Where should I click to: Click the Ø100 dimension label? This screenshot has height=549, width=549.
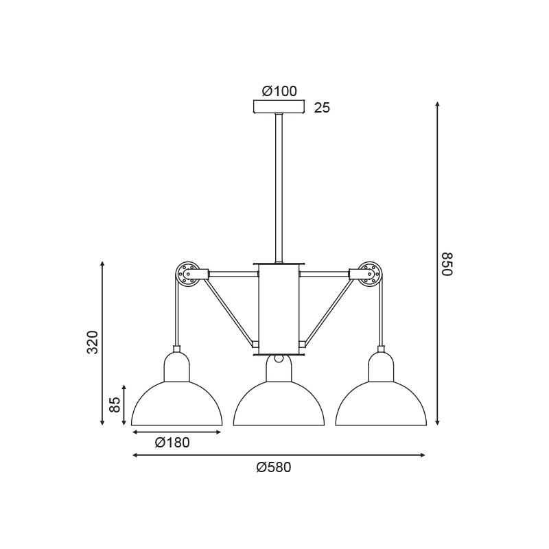tap(279, 91)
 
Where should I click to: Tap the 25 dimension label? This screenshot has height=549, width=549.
tap(322, 108)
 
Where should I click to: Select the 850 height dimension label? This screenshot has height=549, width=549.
tap(447, 264)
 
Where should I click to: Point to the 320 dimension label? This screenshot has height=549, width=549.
tap(93, 342)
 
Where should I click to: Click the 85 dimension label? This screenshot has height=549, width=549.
tap(115, 405)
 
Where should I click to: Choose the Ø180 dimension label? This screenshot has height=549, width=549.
tap(172, 443)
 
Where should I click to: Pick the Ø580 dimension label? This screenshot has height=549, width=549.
tap(273, 467)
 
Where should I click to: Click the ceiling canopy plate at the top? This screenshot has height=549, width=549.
tap(279, 107)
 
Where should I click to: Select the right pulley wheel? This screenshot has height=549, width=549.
tap(371, 273)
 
